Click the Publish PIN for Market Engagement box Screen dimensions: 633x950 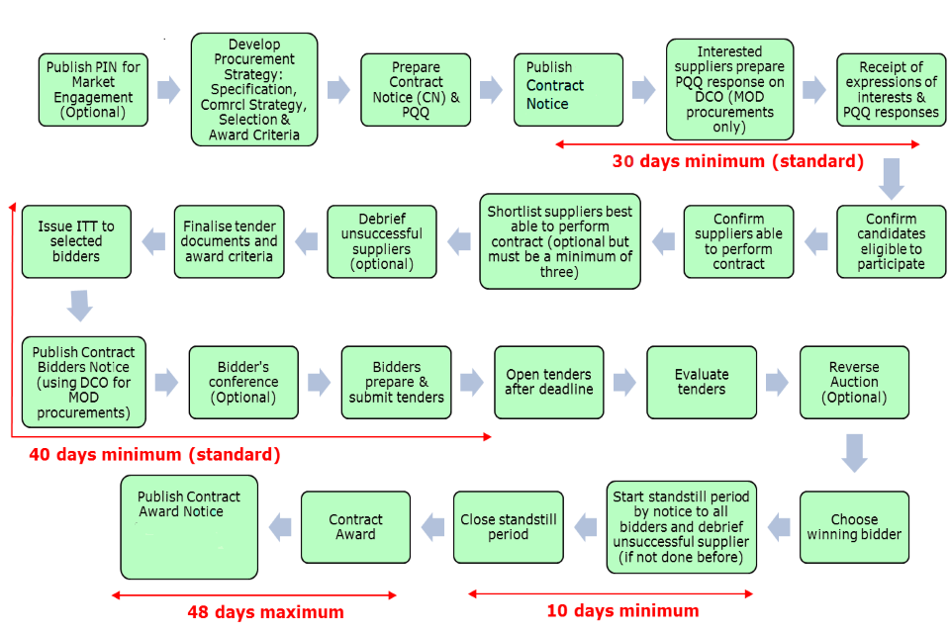click(94, 90)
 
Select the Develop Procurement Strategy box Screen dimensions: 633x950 click(254, 90)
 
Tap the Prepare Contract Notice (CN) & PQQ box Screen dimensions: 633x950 click(416, 90)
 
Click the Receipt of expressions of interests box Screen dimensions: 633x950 click(891, 90)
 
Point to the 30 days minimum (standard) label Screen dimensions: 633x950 click(737, 161)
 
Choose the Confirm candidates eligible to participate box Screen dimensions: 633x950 click(891, 241)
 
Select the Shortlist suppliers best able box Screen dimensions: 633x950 click(560, 241)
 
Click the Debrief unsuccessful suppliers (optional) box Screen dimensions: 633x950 click(382, 241)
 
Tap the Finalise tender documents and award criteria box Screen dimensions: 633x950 click(230, 241)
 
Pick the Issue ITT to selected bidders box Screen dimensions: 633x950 click(76, 241)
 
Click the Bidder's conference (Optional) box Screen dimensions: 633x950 click(243, 382)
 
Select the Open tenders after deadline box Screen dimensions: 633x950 click(548, 382)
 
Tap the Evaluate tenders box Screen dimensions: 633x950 click(702, 382)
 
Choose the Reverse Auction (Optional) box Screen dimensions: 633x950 click(854, 382)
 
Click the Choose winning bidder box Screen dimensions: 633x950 click(854, 527)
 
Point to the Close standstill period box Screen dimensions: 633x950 click(509, 527)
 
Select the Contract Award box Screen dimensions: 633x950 click(355, 527)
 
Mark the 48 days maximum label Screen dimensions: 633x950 click(265, 612)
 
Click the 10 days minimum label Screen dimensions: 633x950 click(622, 611)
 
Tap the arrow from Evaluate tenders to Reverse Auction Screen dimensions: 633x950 click(777, 382)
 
